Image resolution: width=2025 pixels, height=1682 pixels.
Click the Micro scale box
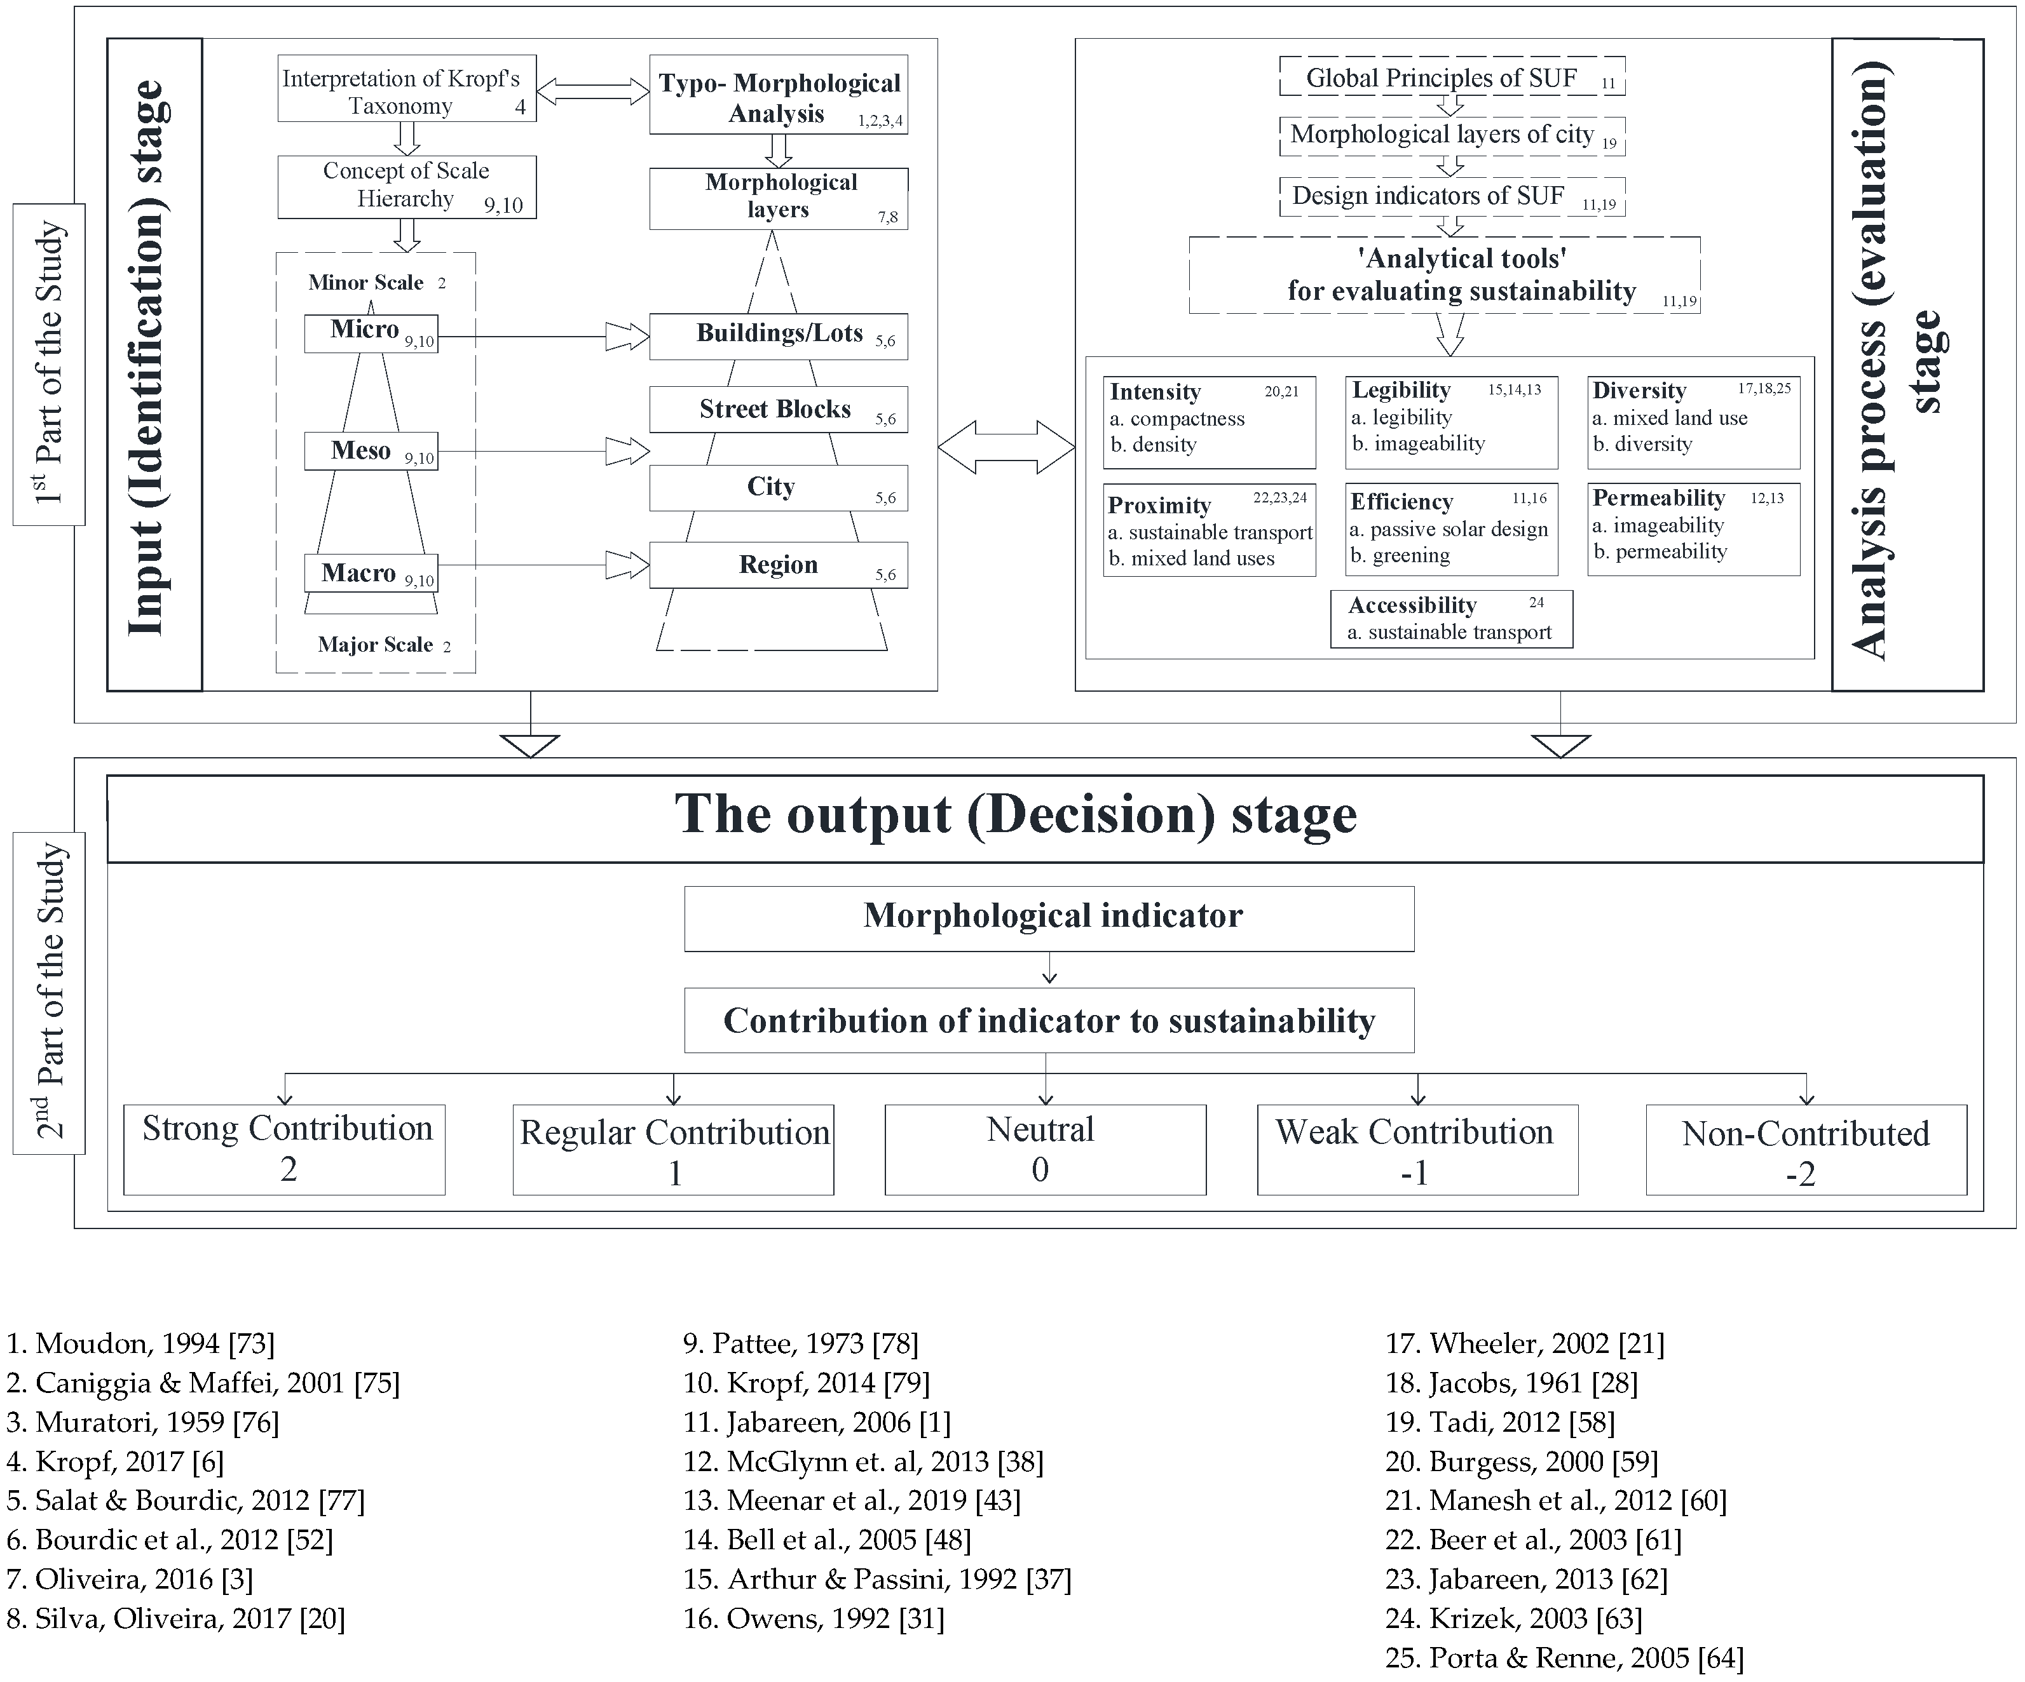click(371, 333)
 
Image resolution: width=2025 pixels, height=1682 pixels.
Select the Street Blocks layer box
click(777, 410)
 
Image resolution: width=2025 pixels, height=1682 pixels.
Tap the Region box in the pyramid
click(777, 565)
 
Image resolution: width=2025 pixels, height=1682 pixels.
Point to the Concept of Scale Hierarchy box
click(406, 186)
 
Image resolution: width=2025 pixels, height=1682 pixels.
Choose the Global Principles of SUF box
click(1450, 77)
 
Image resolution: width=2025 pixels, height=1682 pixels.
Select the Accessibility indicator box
click(1450, 618)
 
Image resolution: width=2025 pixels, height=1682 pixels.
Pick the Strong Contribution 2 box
click(285, 1149)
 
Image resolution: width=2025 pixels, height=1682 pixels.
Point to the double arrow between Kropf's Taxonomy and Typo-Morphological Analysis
click(592, 91)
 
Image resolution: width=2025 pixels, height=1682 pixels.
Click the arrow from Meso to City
click(540, 451)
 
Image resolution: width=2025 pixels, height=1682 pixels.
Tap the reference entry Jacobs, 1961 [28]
click(1511, 1382)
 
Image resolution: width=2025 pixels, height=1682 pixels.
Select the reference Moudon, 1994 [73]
click(141, 1343)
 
